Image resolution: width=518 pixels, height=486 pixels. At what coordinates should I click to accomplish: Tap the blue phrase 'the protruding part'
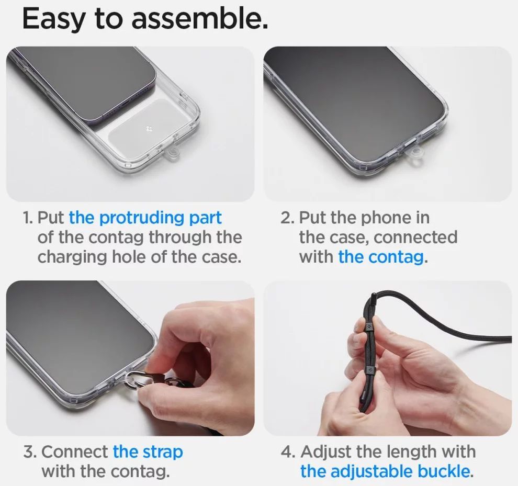pos(145,217)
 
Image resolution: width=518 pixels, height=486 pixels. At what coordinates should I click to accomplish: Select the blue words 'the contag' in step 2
pos(380,257)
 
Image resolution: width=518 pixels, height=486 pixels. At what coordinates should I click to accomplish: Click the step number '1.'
pos(28,218)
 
